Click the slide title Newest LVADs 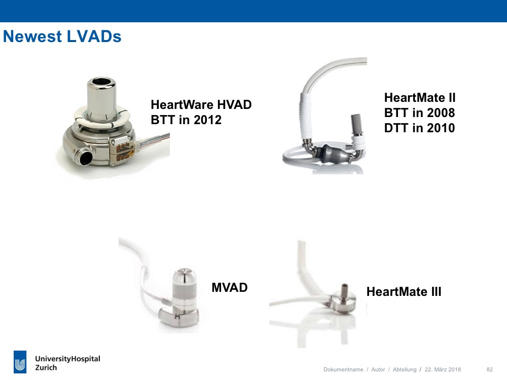pos(62,36)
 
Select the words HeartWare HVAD pos(201,105)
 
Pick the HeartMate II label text pos(420,98)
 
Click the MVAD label pos(230,288)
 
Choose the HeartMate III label pos(404,291)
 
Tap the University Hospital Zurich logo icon pos(20,362)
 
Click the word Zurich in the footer pos(46,368)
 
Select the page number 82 pos(490,369)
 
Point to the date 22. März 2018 pos(443,369)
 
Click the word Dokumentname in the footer pos(343,369)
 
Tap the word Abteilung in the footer pos(405,369)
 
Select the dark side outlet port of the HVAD pos(86,158)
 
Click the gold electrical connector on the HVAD pos(125,151)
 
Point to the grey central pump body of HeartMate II pos(332,152)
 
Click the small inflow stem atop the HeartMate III pos(344,289)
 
